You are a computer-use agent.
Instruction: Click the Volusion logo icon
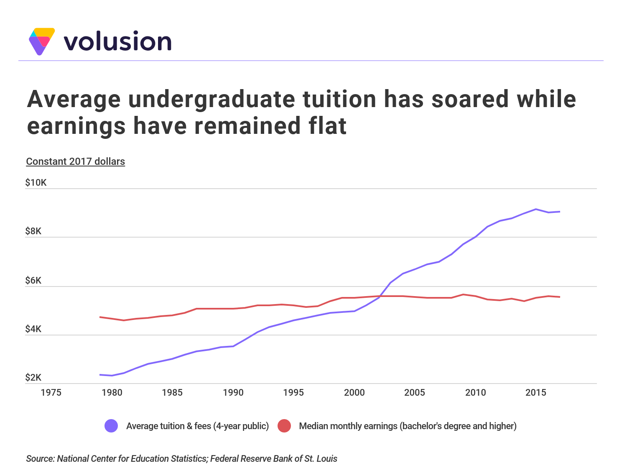point(41,41)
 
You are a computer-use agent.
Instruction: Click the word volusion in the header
point(117,41)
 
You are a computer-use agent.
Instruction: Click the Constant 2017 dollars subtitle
point(75,161)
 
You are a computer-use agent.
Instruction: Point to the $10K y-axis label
point(36,183)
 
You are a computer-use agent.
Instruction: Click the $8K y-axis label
point(33,231)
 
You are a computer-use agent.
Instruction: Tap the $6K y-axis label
point(33,280)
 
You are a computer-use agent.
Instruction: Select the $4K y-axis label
point(33,329)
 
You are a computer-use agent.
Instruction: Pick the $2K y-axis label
point(33,378)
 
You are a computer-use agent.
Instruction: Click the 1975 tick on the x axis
point(51,393)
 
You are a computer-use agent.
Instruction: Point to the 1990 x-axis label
point(233,393)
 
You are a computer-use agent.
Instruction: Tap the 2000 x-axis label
point(354,393)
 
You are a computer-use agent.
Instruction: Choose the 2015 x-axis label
point(536,393)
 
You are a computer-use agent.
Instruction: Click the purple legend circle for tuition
point(111,426)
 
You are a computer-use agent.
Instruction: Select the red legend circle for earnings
point(284,426)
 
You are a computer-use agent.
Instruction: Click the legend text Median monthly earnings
point(408,426)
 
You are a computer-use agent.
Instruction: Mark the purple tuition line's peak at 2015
point(536,209)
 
